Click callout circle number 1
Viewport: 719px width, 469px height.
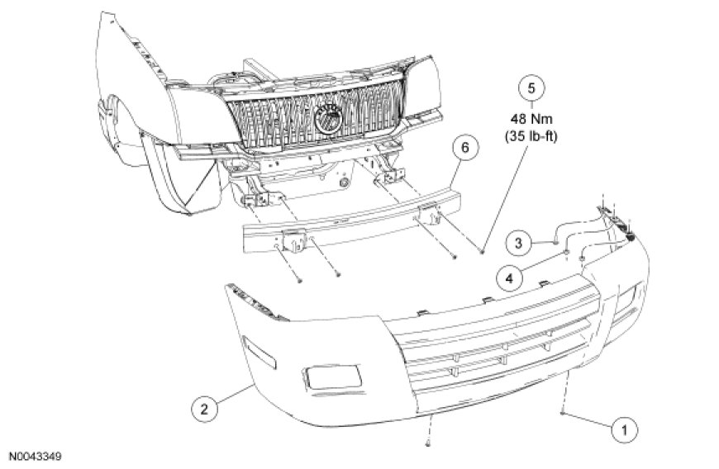[x=624, y=429]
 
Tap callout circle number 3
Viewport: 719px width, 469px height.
[x=520, y=243]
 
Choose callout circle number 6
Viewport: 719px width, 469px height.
[x=464, y=148]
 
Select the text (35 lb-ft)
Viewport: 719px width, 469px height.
[x=533, y=135]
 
